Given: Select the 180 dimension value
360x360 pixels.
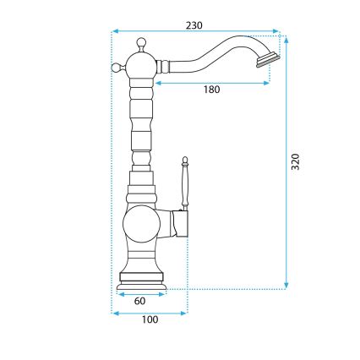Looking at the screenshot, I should [x=211, y=90].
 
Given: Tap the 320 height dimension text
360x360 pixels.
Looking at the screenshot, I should [x=295, y=162].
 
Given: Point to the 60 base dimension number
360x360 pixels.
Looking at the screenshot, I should [x=140, y=300].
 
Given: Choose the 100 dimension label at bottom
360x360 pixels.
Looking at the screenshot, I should [x=150, y=320].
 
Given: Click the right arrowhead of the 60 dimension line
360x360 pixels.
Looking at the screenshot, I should [x=166, y=292].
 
